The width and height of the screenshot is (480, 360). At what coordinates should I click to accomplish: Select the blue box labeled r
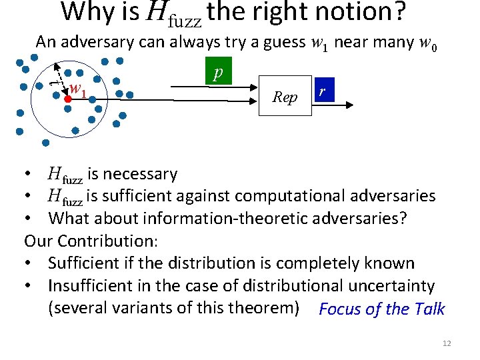tap(323, 91)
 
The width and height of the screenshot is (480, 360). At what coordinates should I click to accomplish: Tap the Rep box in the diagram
tap(285, 97)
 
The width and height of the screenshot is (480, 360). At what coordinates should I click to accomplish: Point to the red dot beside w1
tap(67, 97)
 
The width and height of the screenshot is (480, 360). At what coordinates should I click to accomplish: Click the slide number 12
tap(447, 343)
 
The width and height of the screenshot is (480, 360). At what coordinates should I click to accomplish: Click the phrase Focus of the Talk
tap(381, 309)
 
